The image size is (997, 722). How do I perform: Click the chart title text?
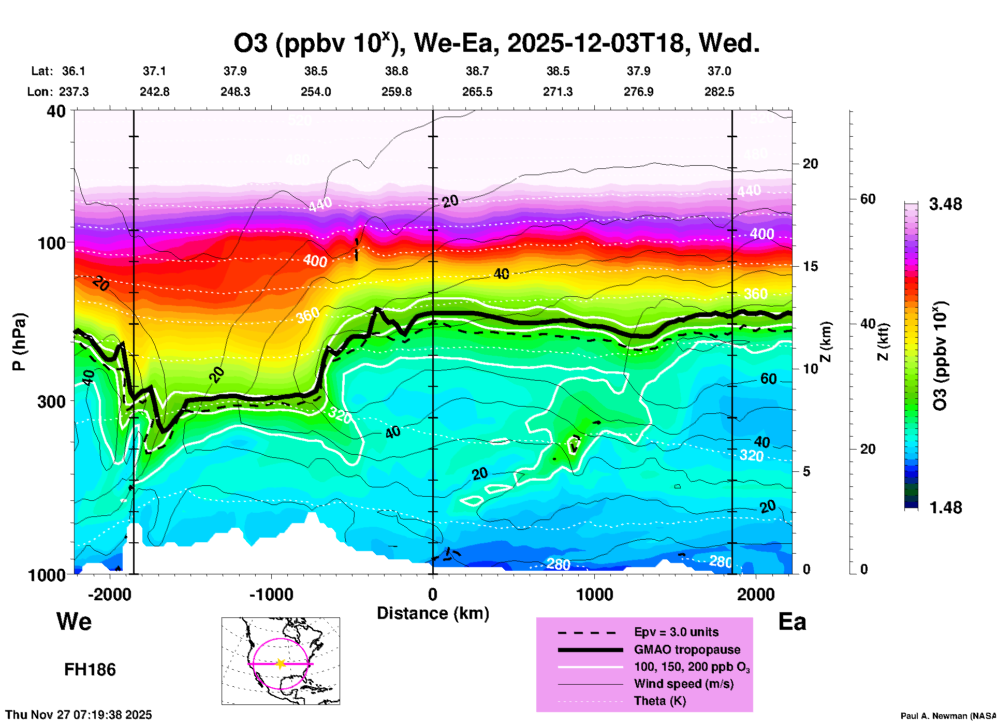coord(496,44)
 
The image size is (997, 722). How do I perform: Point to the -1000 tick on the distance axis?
coord(271,595)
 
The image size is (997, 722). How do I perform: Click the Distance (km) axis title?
coord(433,613)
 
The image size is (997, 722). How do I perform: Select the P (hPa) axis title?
coord(19,342)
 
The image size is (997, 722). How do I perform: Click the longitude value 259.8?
coord(397,92)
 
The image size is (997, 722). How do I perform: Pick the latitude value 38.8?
coord(397,71)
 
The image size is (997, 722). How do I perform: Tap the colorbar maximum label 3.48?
coord(945,205)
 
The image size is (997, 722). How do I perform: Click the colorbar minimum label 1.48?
coord(945,508)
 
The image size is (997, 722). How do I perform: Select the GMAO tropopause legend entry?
coord(687,649)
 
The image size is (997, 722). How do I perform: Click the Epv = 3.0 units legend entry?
coord(676,632)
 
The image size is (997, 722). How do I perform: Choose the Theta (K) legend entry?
coord(659,701)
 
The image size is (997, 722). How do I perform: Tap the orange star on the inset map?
coord(281,663)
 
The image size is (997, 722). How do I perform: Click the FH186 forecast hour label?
coord(90,670)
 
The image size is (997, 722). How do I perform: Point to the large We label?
coord(74,622)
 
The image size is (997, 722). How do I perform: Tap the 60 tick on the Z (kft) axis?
coord(868,199)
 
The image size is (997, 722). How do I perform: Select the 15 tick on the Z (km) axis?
coord(810,266)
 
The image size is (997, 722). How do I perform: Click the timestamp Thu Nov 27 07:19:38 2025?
coord(79,715)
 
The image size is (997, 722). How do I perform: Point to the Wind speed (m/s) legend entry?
coord(683,684)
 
